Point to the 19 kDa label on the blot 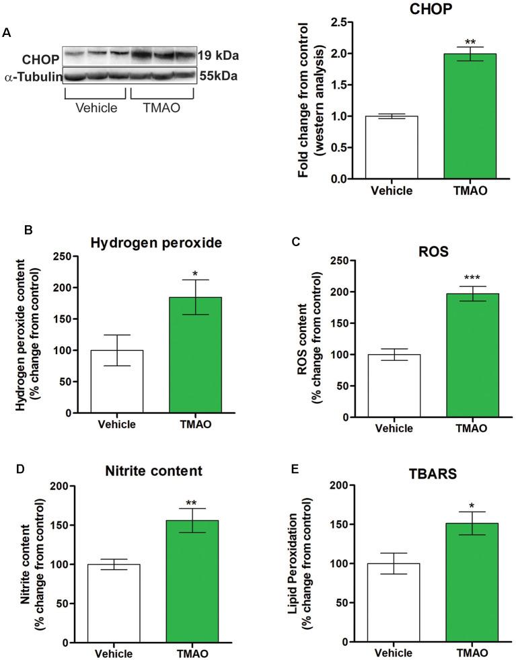(x=219, y=56)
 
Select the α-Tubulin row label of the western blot (x=34, y=77)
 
